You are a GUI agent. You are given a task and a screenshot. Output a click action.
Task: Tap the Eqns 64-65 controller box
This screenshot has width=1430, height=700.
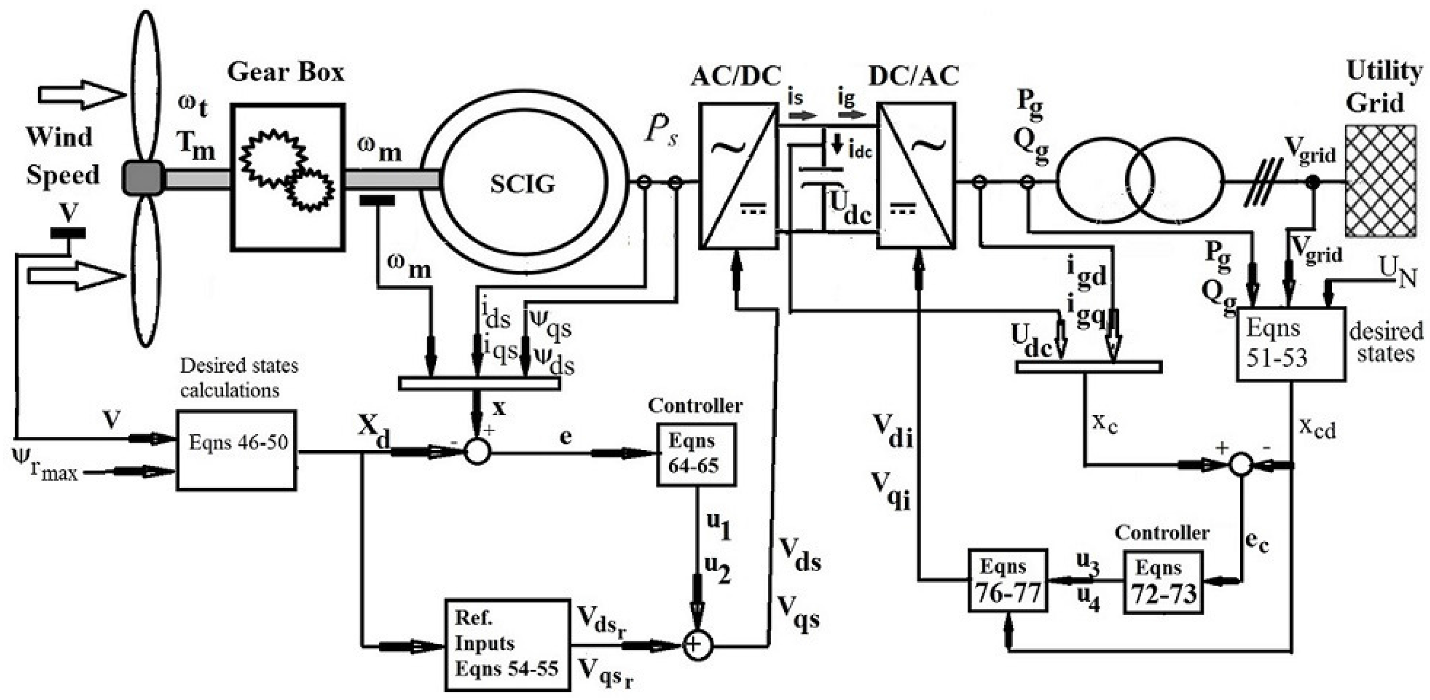[x=696, y=455]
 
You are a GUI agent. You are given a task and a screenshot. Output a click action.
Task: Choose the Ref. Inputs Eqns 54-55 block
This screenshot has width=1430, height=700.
[x=507, y=644]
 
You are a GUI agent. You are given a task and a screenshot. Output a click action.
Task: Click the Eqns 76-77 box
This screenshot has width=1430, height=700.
[x=1007, y=580]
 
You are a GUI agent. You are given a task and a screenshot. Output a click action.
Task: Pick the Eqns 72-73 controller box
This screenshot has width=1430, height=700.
[x=1163, y=582]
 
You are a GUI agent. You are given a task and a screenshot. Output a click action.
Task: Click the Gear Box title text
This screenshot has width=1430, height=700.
[x=285, y=72]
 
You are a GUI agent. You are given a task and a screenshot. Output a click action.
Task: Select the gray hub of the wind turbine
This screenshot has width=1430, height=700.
[x=143, y=178]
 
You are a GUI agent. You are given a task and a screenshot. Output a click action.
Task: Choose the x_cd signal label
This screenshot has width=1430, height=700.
[x=1317, y=428]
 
